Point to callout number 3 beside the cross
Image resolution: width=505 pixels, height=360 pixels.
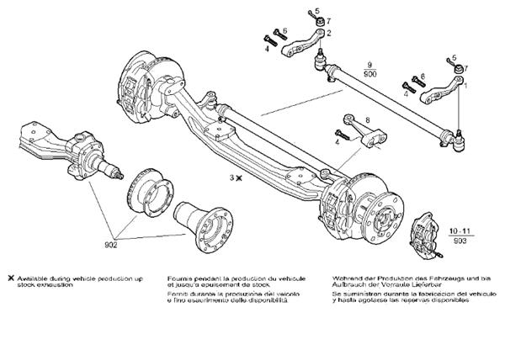(231, 177)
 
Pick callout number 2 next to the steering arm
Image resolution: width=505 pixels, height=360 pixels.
(328, 33)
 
